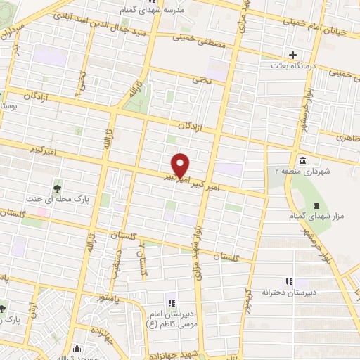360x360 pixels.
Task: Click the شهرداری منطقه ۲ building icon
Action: tap(302, 160)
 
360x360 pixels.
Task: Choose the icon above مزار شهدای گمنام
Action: tap(316, 205)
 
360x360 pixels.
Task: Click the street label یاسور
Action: tap(110, 298)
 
